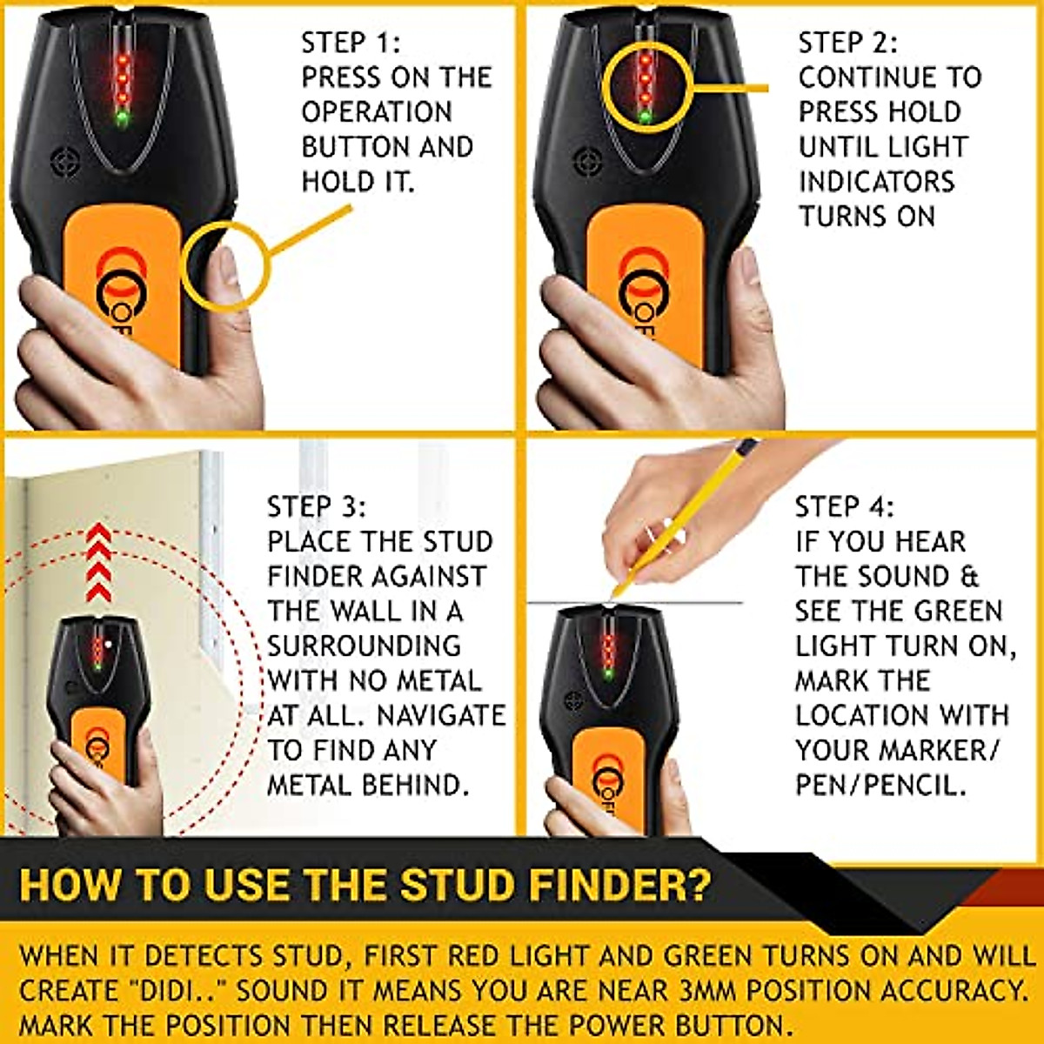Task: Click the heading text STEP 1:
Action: [x=351, y=43]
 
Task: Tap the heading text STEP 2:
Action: [x=848, y=43]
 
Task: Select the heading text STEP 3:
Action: [x=317, y=506]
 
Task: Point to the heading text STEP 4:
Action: [x=844, y=506]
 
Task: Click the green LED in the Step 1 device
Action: [x=123, y=117]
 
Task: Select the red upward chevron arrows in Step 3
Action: [x=99, y=563]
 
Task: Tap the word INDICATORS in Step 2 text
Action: [x=876, y=182]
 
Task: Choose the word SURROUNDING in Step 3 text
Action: [x=364, y=646]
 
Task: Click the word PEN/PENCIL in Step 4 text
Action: [x=880, y=785]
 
